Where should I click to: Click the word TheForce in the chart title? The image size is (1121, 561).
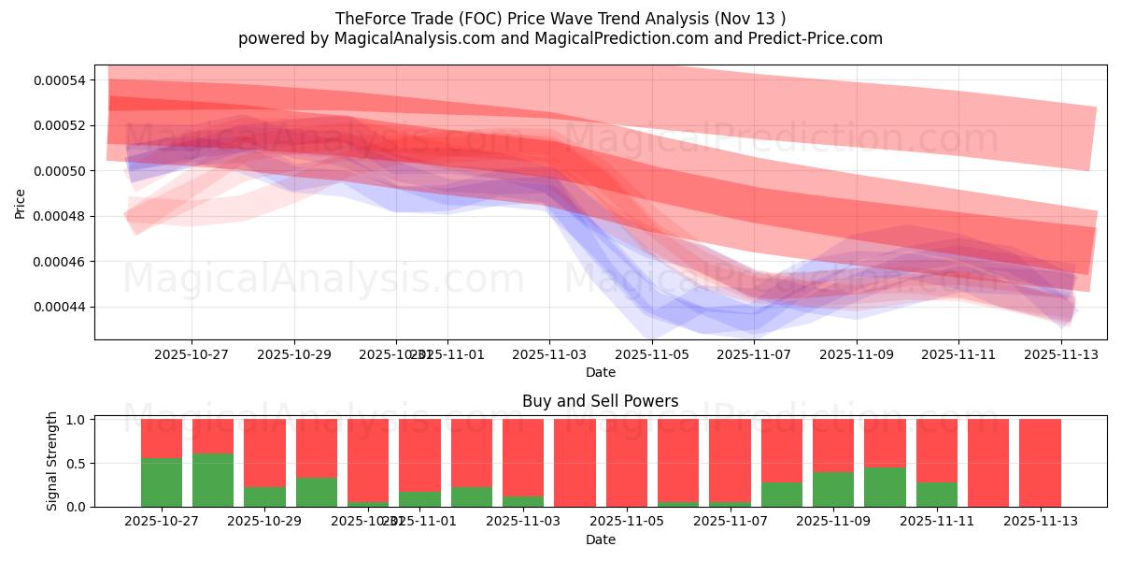pos(367,18)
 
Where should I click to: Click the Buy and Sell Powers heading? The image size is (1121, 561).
pos(600,401)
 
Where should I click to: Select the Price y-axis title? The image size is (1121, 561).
pos(21,202)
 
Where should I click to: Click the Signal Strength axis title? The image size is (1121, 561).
pos(52,460)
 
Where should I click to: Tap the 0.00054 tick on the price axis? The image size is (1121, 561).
pos(59,80)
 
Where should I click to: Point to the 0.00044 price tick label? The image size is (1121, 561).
pos(59,307)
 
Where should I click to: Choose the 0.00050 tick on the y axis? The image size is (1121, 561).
pos(59,171)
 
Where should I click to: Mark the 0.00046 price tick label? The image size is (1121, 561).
pos(59,262)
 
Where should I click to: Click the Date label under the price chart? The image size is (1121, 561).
pos(600,372)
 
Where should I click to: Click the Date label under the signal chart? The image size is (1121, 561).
pos(600,539)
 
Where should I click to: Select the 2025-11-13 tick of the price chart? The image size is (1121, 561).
pos(1060,354)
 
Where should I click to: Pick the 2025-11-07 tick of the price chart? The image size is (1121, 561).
pos(754,354)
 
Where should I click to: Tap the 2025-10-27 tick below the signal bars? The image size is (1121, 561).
pos(162,522)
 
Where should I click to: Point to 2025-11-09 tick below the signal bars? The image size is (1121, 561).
pos(832,522)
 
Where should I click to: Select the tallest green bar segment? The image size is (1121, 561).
pos(213,480)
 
